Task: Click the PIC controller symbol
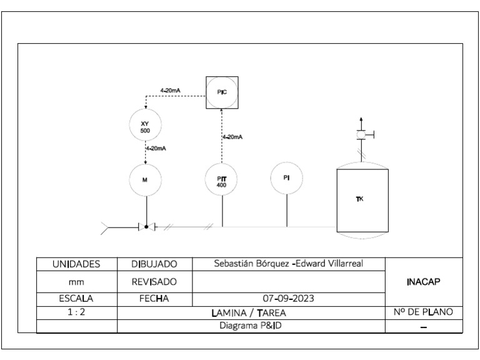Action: pyautogui.click(x=222, y=91)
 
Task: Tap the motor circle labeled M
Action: pyautogui.click(x=145, y=179)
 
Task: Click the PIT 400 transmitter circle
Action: pyautogui.click(x=222, y=179)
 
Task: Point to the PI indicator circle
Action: pyautogui.click(x=286, y=177)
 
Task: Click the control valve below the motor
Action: pyautogui.click(x=146, y=227)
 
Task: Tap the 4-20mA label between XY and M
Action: pyautogui.click(x=156, y=149)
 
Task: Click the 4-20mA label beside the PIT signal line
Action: pyautogui.click(x=232, y=137)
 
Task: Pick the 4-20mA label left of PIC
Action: pyautogui.click(x=170, y=91)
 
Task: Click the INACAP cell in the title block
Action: pyautogui.click(x=424, y=281)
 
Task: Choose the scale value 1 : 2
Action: pyautogui.click(x=76, y=311)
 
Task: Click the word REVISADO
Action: pyautogui.click(x=154, y=282)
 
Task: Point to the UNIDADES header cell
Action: pyautogui.click(x=76, y=264)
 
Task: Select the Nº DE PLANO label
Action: pyautogui.click(x=424, y=311)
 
